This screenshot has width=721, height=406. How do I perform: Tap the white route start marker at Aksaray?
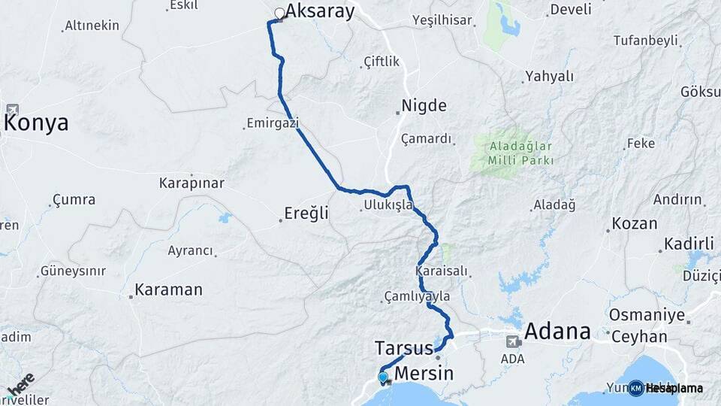pos(279,13)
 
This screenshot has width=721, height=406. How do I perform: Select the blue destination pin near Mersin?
pos(383,377)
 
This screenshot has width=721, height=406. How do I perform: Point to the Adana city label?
pos(557,331)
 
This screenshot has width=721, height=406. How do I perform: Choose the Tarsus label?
pos(403,348)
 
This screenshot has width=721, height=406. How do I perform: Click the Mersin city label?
pos(424,374)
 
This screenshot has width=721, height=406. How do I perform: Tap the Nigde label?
pos(424,106)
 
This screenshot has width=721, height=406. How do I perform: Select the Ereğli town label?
pos(306,214)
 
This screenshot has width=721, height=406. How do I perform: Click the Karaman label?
pos(168,289)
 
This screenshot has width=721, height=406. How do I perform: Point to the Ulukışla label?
pos(388,205)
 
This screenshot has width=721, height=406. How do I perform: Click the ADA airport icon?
pos(513,341)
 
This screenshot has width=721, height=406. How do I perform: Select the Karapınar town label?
pos(192,183)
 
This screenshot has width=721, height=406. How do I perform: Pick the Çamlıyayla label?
pos(416,296)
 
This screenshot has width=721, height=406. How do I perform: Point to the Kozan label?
pos(635,223)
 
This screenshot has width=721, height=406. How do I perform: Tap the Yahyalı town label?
pos(549,76)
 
